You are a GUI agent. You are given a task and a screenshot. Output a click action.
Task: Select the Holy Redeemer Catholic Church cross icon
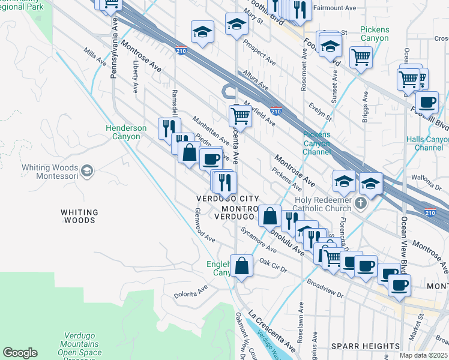coord(360,203)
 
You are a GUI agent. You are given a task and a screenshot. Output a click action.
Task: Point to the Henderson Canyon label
coord(126,132)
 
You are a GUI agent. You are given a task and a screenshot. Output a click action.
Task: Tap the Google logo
coord(20,353)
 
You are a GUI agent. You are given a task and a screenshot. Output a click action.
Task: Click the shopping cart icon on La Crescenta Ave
coord(240,114)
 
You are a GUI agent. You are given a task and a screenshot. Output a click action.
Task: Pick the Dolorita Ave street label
coord(191,291)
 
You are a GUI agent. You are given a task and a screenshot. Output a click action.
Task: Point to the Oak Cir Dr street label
coord(274,265)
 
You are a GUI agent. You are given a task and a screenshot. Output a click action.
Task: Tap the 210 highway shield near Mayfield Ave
coord(276,111)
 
